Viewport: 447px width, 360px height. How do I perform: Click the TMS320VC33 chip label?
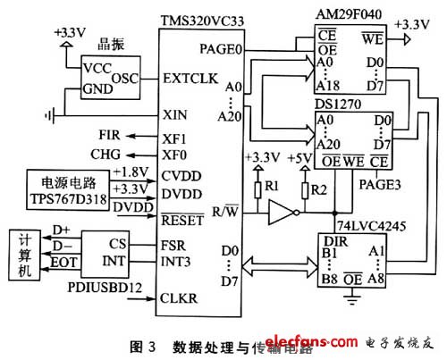(202, 17)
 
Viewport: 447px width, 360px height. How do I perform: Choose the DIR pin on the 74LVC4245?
(333, 239)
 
